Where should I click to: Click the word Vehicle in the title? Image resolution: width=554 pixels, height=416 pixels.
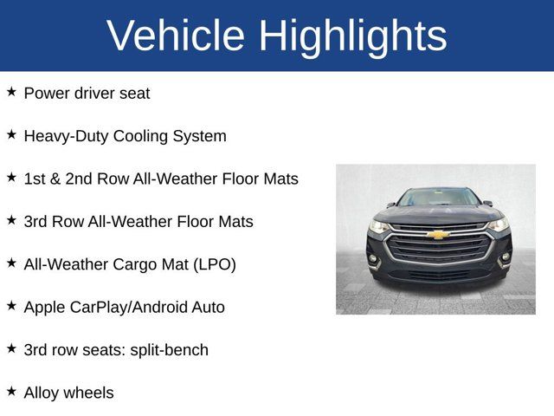point(176,36)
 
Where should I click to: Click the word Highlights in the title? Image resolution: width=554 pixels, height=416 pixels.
point(353,36)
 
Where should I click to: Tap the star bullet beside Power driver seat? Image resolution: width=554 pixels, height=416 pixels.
point(11,92)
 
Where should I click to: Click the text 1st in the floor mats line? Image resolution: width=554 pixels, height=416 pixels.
point(35,179)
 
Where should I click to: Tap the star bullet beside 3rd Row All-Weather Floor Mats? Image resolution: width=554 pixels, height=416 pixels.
point(11,220)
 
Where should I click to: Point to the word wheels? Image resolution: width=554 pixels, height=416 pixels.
point(90,393)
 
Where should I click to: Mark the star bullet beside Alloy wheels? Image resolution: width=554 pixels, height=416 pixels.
point(11,391)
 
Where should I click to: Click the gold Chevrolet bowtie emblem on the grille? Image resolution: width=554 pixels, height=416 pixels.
point(438,235)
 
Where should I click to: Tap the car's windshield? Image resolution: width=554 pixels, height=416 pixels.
point(438,198)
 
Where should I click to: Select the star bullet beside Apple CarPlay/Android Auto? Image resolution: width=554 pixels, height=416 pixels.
point(11,305)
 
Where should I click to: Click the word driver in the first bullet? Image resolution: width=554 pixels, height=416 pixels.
point(98,93)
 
